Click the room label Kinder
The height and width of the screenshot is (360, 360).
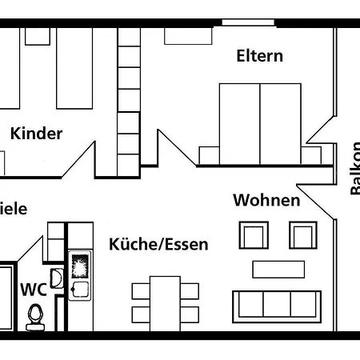36,134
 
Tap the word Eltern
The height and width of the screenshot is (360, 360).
259,56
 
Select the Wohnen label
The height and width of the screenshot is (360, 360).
266,199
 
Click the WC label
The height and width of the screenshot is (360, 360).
33,289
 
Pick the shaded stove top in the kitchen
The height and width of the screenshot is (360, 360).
80,264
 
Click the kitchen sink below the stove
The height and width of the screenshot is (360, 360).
79,289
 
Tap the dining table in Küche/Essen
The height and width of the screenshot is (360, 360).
165,302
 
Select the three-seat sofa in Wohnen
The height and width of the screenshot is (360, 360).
276,305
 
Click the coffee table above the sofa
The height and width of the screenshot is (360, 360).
278,268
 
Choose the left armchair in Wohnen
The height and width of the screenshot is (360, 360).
253,236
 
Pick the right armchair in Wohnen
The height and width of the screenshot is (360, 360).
302,236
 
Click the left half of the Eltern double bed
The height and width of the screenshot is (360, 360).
239,123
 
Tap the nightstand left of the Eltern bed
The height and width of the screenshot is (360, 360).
209,154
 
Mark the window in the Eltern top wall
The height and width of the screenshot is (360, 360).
248,22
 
